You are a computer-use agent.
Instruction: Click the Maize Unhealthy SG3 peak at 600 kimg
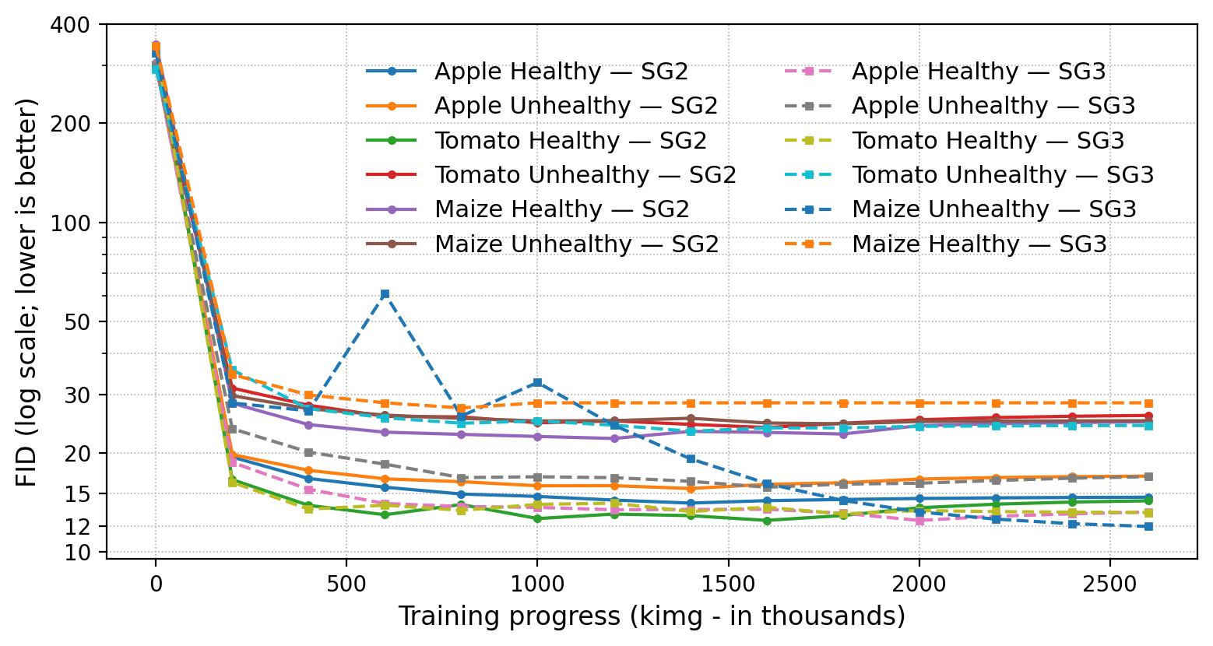point(385,294)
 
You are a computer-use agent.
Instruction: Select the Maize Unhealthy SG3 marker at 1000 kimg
point(537,383)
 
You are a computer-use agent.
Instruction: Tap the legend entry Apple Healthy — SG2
point(561,72)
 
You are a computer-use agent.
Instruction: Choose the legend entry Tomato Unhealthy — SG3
point(1003,175)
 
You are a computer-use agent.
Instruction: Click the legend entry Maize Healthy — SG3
point(979,244)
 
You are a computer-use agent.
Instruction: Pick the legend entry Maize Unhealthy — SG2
point(576,244)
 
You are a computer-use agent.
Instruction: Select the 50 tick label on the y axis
point(81,321)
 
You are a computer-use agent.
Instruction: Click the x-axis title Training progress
point(652,616)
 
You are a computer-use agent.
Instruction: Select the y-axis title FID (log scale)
point(26,293)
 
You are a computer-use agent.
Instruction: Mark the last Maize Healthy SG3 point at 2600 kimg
point(1148,403)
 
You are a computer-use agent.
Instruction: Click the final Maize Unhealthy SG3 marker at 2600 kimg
point(1148,527)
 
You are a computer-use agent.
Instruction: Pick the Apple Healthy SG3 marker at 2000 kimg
point(919,521)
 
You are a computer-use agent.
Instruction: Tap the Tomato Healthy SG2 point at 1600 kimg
point(767,521)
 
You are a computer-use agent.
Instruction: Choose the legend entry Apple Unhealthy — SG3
point(993,106)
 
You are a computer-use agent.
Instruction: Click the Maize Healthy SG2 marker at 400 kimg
point(308,425)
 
